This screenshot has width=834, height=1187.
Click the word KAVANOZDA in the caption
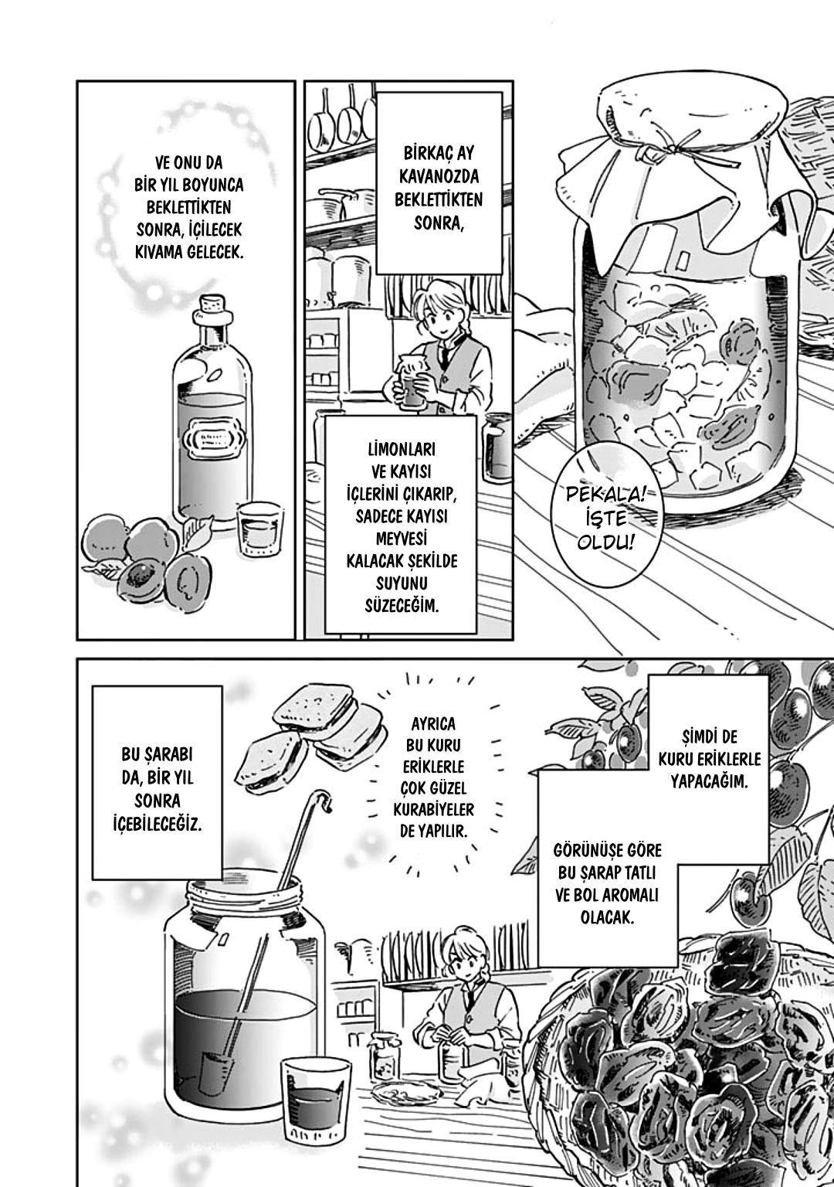(439, 176)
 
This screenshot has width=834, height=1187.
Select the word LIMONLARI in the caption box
(402, 449)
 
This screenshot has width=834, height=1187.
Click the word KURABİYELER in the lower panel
(434, 809)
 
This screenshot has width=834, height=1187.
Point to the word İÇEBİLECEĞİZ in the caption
(158, 825)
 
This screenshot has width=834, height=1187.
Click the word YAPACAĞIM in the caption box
(709, 781)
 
